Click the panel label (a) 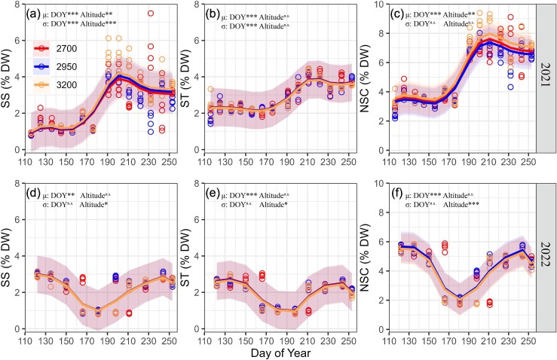(32, 14)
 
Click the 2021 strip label (546, 77)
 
